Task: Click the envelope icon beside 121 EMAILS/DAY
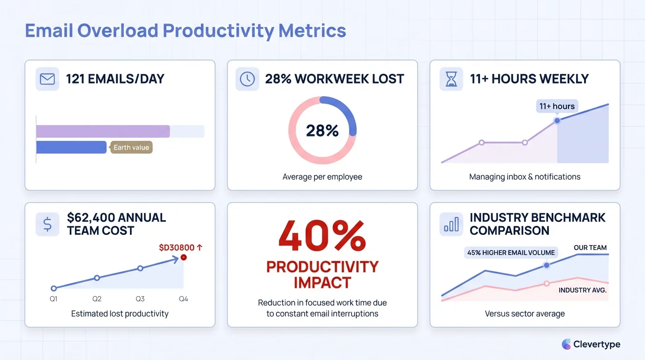(47, 79)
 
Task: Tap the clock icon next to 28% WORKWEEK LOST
(247, 79)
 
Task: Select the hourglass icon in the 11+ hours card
(451, 79)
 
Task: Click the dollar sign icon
(47, 224)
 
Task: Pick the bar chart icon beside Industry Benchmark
(451, 224)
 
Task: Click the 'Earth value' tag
(131, 147)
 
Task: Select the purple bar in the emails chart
(103, 131)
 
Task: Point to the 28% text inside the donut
(322, 130)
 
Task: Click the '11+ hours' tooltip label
(557, 106)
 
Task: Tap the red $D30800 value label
(177, 247)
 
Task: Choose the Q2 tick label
(97, 299)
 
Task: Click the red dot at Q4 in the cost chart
(183, 257)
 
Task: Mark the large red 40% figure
(322, 236)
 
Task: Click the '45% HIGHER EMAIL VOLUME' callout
(511, 252)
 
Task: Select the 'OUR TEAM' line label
(590, 247)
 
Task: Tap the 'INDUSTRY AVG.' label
(582, 290)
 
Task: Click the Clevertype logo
(591, 344)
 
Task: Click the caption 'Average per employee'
(322, 177)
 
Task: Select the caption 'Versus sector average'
(525, 314)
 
